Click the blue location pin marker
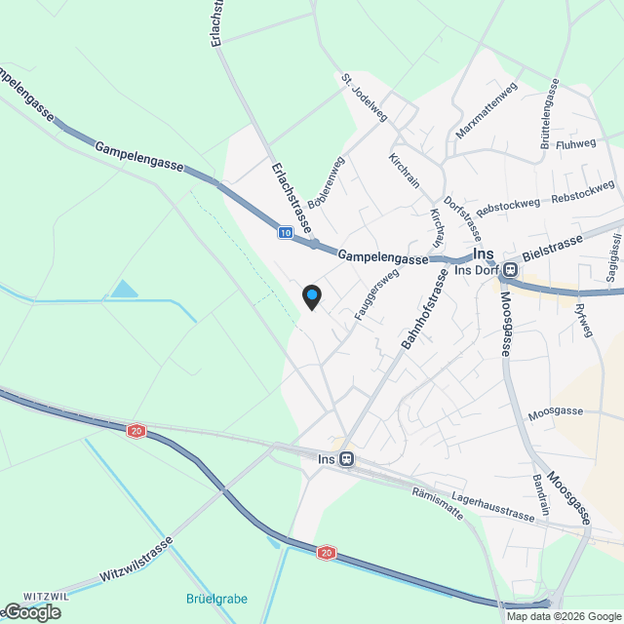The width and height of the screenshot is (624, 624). pyautogui.click(x=311, y=295)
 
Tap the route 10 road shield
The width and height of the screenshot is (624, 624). pyautogui.click(x=284, y=233)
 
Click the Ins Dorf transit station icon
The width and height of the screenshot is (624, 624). pyautogui.click(x=511, y=270)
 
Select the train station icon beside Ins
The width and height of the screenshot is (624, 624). pyautogui.click(x=347, y=459)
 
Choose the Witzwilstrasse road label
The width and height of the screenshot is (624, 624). pyautogui.click(x=136, y=560)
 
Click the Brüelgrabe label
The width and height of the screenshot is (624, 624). pyautogui.click(x=216, y=598)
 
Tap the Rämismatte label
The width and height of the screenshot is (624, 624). pyautogui.click(x=438, y=502)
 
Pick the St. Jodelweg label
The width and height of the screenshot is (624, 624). pyautogui.click(x=365, y=97)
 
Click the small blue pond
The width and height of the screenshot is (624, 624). pyautogui.click(x=124, y=289)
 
